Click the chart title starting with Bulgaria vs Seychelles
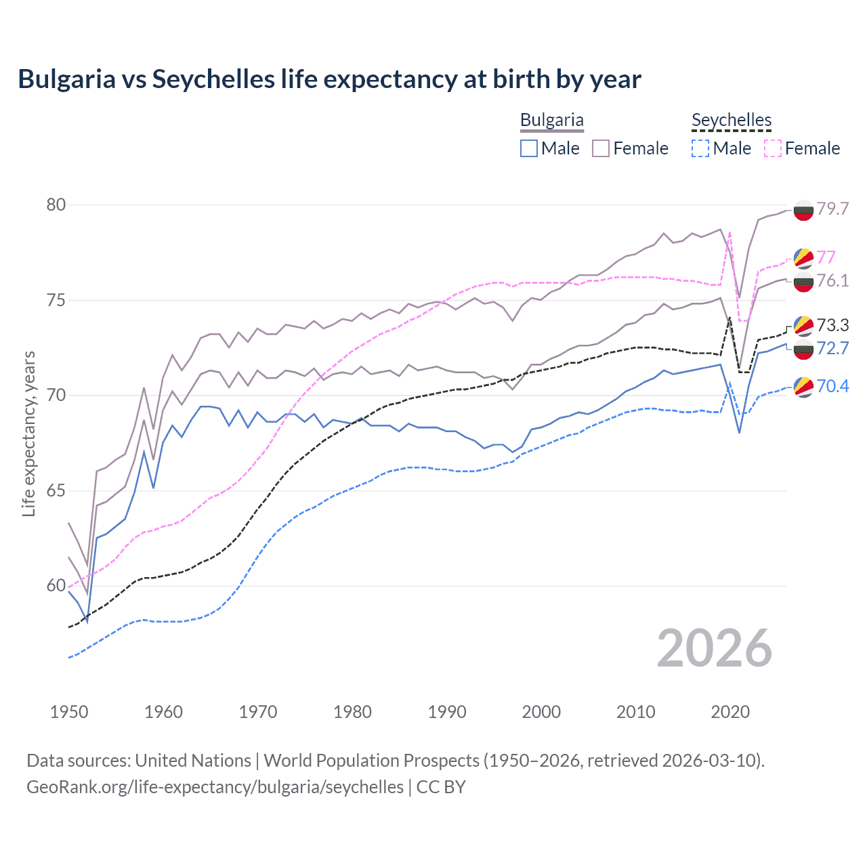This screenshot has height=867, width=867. point(329,79)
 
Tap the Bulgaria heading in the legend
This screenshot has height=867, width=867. point(551,121)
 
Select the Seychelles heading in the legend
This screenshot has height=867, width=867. point(731,121)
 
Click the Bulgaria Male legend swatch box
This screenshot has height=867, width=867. point(529,148)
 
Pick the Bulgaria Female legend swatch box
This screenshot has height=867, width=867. point(601,148)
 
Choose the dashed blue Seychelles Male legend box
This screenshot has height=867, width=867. point(700,148)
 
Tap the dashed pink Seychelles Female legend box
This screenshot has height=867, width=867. point(773,148)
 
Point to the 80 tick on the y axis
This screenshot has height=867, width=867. point(56,205)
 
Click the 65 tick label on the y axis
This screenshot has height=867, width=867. point(56,490)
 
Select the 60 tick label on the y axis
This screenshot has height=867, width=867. point(56,586)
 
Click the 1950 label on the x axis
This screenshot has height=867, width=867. point(69,712)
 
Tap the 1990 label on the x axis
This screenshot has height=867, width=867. point(447,712)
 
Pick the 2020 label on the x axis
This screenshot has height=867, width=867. point(730,712)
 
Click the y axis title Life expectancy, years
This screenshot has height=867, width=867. point(29,433)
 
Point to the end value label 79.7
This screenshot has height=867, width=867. point(832,209)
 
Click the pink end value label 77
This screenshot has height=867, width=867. point(826,257)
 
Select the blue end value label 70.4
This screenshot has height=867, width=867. point(832,386)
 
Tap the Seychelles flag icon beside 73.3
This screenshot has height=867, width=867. point(803,326)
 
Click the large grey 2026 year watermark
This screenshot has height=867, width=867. point(715,648)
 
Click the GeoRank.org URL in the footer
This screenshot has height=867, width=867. point(215,787)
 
